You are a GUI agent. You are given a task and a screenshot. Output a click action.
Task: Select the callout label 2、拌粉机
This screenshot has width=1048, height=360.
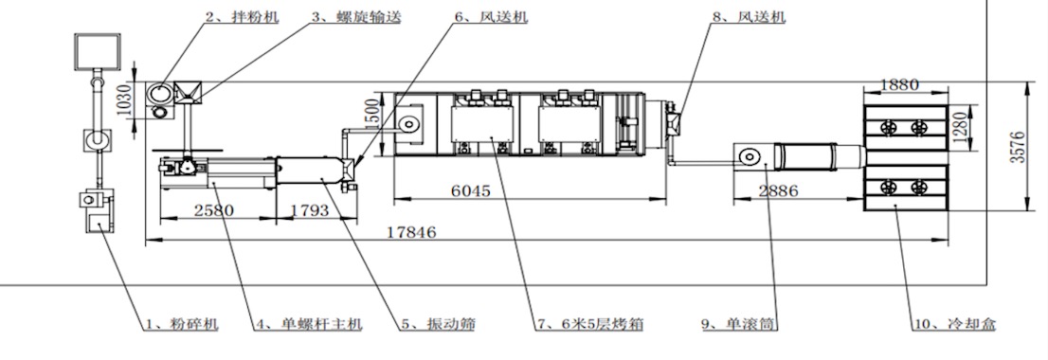242,17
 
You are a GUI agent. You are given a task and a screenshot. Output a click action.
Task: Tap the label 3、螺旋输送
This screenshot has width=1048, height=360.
356,17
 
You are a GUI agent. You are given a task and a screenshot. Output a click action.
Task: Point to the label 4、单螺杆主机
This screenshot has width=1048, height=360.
309,325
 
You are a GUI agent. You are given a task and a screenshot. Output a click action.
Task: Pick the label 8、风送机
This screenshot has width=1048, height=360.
749,17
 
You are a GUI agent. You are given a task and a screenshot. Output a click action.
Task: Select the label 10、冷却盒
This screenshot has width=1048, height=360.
954,325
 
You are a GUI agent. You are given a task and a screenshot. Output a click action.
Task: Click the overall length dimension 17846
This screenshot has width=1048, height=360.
411,232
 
